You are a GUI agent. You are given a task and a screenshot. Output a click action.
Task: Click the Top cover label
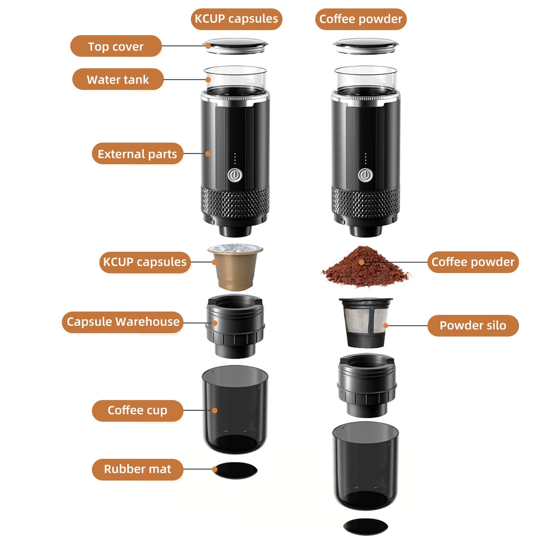[116, 46]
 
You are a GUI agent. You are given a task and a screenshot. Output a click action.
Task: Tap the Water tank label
[118, 79]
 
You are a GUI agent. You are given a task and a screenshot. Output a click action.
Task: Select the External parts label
[137, 154]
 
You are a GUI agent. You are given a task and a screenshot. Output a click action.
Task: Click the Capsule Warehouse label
[123, 322]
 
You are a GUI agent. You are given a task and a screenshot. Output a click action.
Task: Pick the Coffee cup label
[137, 410]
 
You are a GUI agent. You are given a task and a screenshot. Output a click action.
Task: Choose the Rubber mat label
[137, 469]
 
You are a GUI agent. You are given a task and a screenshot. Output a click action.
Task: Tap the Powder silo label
[473, 325]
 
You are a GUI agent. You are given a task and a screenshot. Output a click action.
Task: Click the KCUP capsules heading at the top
[236, 19]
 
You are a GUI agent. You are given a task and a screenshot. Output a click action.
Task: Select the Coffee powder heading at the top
[361, 19]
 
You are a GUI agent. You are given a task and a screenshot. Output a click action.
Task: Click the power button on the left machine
[234, 175]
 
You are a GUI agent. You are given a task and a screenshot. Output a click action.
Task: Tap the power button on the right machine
[365, 175]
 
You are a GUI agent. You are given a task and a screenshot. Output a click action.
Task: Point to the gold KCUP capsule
[235, 267]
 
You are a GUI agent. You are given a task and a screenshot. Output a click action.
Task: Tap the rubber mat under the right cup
[366, 526]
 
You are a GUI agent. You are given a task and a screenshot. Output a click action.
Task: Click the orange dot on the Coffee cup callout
[214, 410]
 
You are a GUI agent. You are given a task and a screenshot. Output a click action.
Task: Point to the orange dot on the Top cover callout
[209, 46]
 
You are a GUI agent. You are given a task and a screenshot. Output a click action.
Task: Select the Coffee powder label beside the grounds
[473, 262]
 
